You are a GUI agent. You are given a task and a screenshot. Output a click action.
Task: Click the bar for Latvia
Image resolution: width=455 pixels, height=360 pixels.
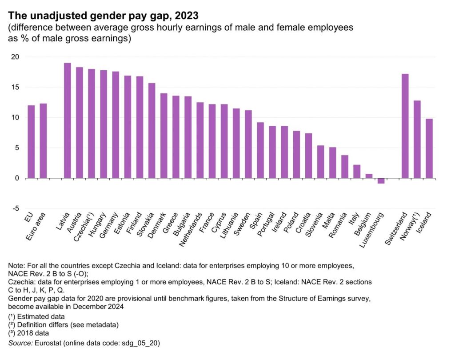pos(68,120)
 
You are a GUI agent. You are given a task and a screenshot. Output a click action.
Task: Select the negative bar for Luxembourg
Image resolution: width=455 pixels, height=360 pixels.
pos(380,180)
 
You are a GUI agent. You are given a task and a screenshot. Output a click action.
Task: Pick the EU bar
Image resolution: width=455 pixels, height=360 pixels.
pos(31,142)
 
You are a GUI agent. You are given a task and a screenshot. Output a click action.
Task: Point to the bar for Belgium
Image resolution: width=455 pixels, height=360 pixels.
pos(368,176)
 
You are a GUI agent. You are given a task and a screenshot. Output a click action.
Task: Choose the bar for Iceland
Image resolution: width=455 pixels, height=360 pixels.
pos(429,148)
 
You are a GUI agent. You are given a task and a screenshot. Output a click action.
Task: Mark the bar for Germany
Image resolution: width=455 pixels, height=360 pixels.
pos(116,125)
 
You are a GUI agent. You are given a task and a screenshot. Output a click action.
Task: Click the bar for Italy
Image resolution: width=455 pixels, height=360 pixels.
pos(356,172)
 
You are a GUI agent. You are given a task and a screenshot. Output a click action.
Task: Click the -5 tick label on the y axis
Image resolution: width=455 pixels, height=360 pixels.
pos(15,208)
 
